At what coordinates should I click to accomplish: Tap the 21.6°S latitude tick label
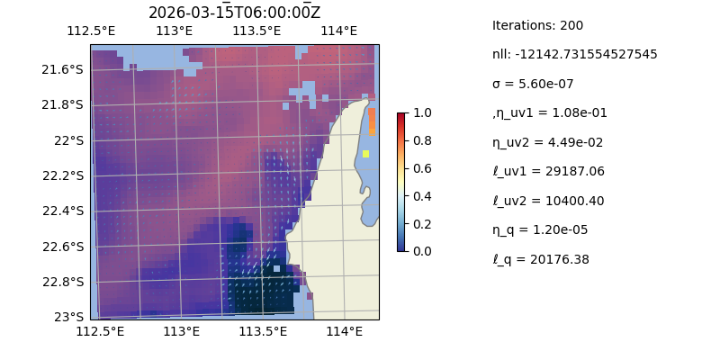(x=63, y=69)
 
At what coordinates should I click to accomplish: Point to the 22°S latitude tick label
(x=68, y=140)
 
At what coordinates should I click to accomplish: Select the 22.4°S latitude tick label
(x=63, y=211)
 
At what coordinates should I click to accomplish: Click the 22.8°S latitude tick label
(x=63, y=282)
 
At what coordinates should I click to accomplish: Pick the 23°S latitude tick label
(x=68, y=317)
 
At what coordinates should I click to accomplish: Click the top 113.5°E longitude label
(x=256, y=31)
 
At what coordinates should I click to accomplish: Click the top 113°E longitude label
(x=174, y=31)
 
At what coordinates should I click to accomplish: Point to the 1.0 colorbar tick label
(x=421, y=112)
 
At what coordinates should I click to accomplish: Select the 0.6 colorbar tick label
(x=421, y=168)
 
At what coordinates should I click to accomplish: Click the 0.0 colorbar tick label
(x=421, y=251)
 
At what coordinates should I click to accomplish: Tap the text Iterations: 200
(x=537, y=25)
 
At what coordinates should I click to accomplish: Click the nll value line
(x=574, y=54)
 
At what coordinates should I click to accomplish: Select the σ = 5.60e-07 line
(x=533, y=84)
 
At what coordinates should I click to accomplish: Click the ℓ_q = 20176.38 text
(x=541, y=259)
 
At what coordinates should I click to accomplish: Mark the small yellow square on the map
(x=366, y=154)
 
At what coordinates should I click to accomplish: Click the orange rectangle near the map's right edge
(x=372, y=121)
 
